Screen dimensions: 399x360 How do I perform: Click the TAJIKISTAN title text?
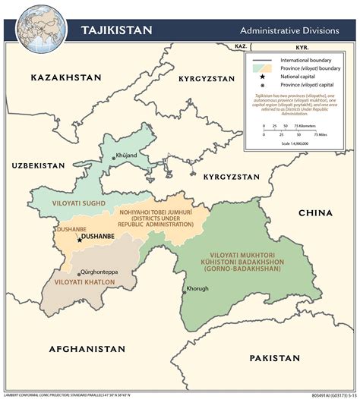[116, 30]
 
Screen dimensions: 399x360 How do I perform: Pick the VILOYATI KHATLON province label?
[84, 282]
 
